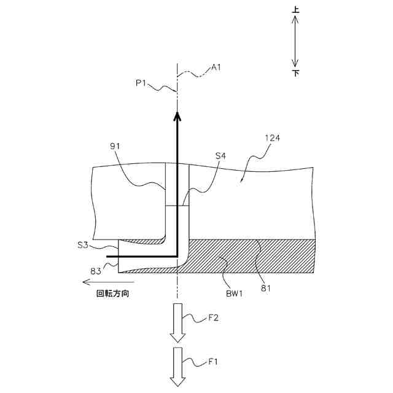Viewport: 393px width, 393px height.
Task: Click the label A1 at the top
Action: (x=216, y=67)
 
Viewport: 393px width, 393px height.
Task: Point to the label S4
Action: (x=220, y=157)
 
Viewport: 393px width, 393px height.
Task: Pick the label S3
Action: (x=83, y=245)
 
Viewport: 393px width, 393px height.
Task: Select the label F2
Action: (x=213, y=318)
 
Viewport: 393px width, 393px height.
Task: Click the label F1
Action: (x=213, y=361)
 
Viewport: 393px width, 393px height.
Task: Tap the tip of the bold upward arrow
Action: (x=177, y=114)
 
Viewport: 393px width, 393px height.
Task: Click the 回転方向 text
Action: (x=113, y=294)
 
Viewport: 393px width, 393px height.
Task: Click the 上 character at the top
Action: (x=295, y=10)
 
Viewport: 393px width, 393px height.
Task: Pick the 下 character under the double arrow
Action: (x=295, y=72)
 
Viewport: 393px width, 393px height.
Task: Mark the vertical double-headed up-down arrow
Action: (x=295, y=41)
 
